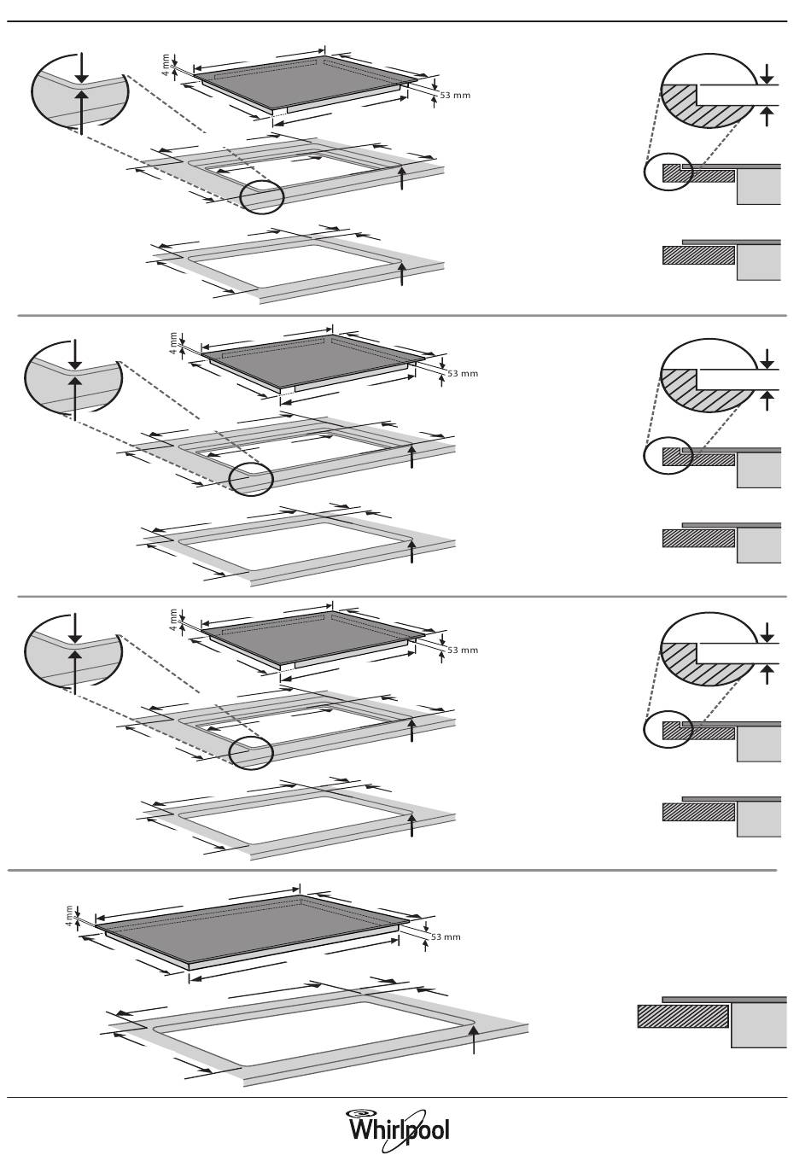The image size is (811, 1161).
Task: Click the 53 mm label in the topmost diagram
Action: [455, 95]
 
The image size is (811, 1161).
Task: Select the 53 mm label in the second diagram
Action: [463, 373]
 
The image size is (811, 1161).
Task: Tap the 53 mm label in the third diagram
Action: [463, 650]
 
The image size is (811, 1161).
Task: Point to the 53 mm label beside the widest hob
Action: [445, 936]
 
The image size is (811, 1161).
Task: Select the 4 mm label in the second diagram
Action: [172, 341]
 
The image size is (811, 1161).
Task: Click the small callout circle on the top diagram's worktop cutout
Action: [261, 196]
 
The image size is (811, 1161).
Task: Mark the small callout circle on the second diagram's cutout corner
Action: [251, 478]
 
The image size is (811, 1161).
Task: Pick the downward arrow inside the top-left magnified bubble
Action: [81, 66]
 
